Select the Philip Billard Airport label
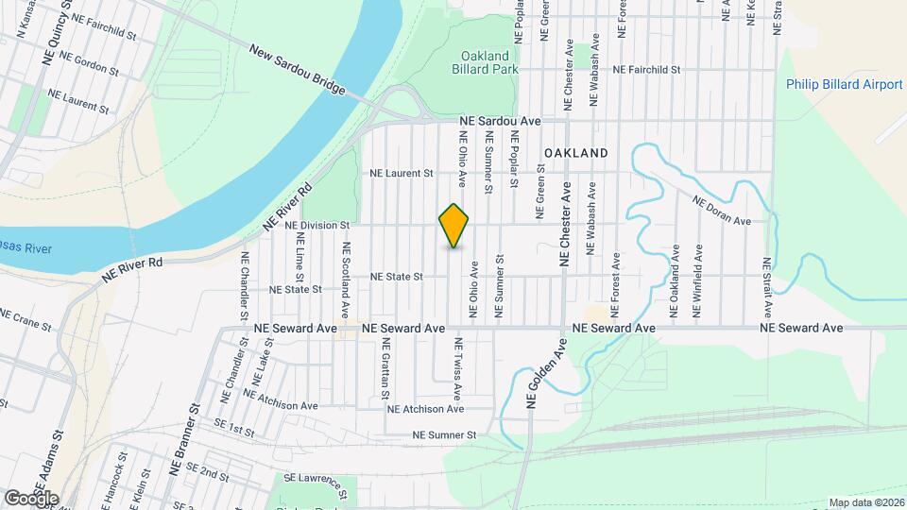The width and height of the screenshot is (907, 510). [x=844, y=84]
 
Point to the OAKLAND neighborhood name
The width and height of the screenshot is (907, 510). [x=575, y=152]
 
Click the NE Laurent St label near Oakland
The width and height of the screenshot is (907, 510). [x=401, y=174]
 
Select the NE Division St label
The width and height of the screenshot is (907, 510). [x=317, y=226]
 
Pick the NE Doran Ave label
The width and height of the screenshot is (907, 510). [x=721, y=211]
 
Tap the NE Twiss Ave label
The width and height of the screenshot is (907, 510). [x=457, y=366]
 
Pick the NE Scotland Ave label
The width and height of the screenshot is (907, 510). [x=347, y=280]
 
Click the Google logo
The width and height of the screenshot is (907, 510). [x=30, y=498]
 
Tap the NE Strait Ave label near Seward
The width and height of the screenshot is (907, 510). [x=767, y=286]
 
